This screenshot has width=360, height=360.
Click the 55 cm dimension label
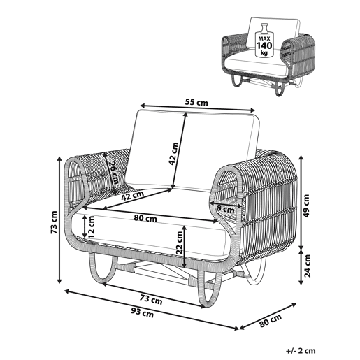coord(196,102)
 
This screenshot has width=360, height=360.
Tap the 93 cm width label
coord(143,312)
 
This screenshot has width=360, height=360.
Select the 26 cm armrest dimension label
coord(114,173)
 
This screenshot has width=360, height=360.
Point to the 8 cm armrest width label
coord(225,208)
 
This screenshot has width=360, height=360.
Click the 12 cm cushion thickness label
coord(90,226)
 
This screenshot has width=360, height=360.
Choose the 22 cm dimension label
coord(179,243)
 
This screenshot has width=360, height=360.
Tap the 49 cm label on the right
coord(307,206)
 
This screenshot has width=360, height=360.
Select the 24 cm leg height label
coord(308,266)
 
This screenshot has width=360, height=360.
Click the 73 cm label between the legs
coord(151,299)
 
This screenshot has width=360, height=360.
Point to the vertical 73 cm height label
coord(54,222)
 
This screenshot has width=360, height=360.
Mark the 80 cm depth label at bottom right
coord(271,320)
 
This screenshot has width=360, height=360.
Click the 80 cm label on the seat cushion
coord(145,218)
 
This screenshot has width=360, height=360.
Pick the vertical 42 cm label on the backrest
coord(174,154)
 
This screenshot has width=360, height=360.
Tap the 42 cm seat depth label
coord(132,196)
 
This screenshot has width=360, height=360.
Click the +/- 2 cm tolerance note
coord(301,350)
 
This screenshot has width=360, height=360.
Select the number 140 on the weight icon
coord(264,45)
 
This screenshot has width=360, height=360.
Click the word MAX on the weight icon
coord(264,38)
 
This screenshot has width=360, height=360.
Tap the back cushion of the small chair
coord(273,32)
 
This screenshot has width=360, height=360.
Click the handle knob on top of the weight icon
coord(264,25)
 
